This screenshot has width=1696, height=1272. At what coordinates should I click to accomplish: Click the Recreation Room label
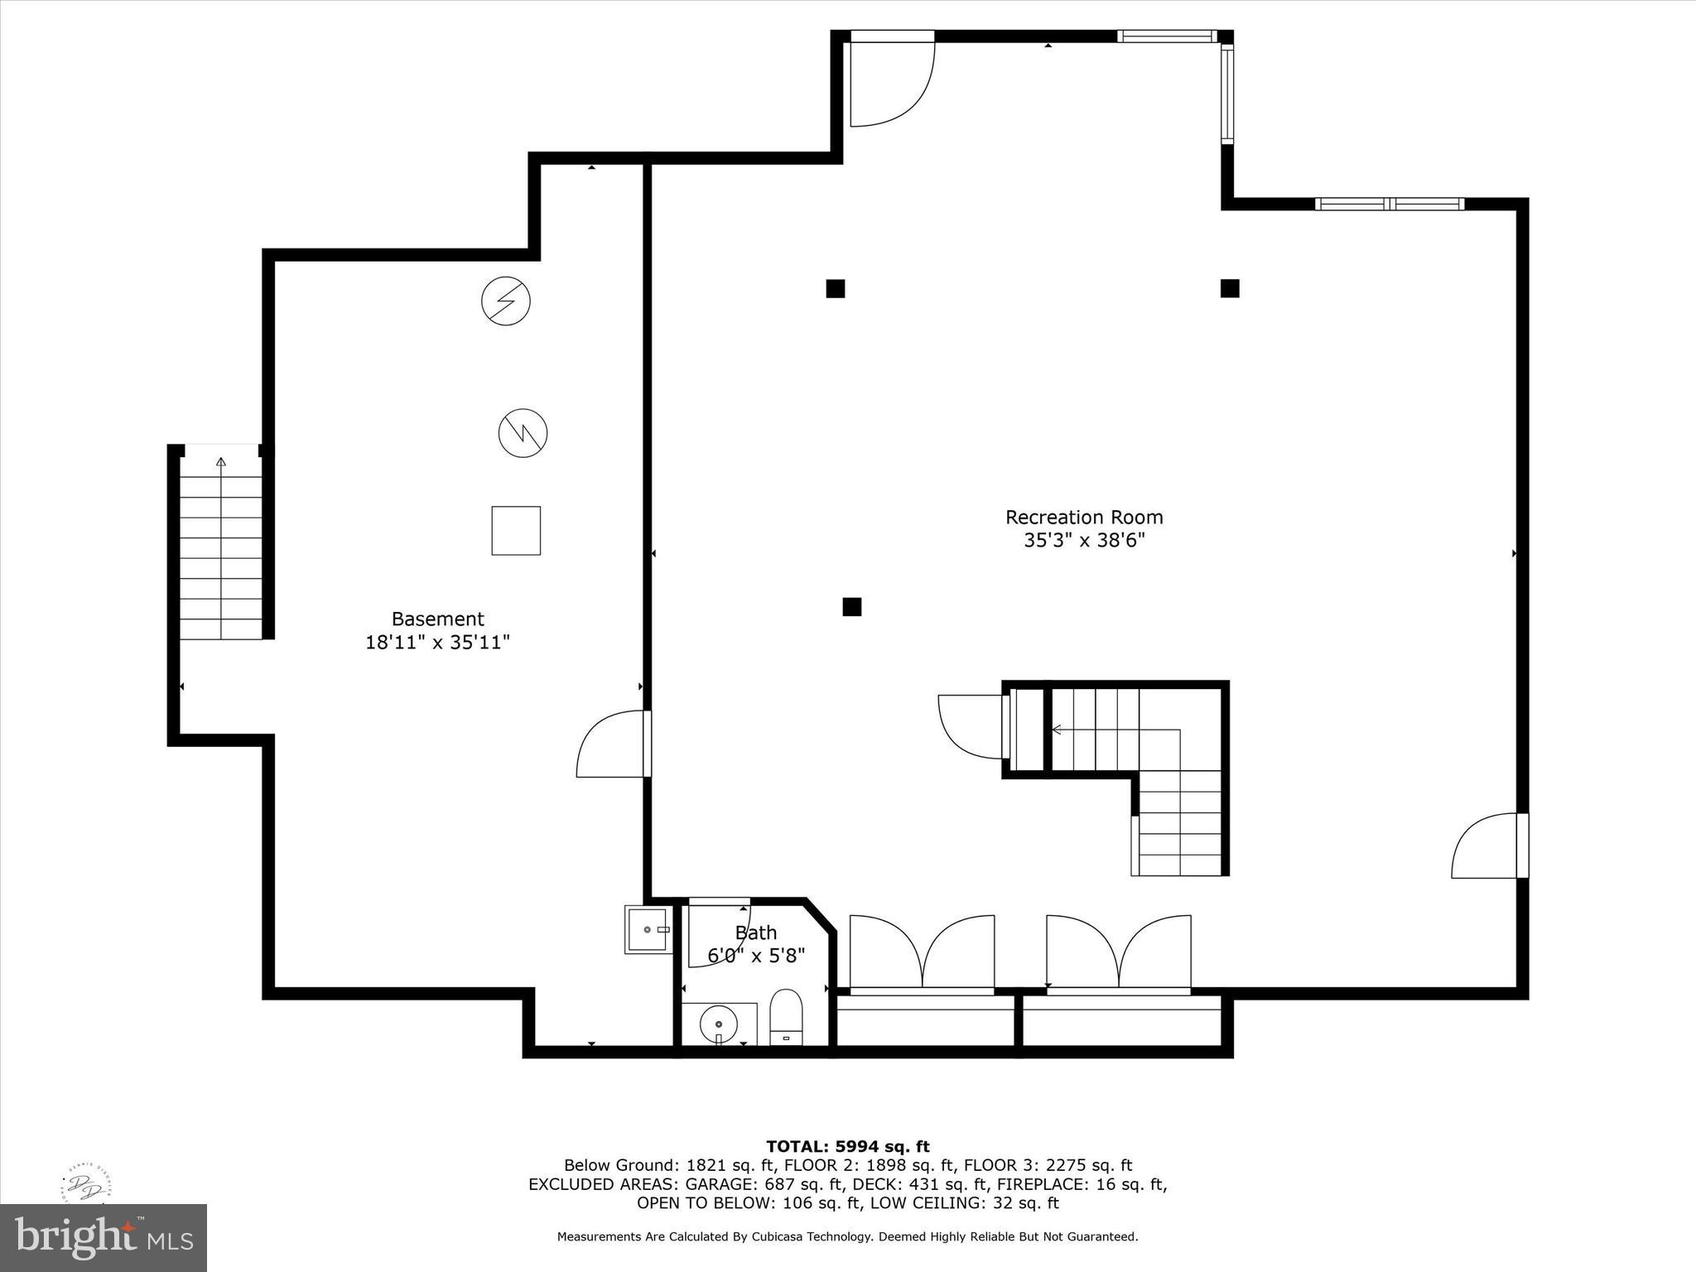coord(1083,518)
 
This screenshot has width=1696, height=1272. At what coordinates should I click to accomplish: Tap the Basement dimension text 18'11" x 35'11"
coord(437,642)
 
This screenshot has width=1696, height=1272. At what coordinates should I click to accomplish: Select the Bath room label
coord(755,933)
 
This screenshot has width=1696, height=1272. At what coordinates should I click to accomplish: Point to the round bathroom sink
coord(718,1024)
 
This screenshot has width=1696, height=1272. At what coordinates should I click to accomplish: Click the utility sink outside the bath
coord(648,929)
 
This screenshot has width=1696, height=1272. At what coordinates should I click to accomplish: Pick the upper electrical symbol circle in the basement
coord(505,301)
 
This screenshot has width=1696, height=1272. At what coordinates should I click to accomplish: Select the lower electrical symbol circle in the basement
coord(523,433)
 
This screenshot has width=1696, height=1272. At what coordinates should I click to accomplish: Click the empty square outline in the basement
coord(516,531)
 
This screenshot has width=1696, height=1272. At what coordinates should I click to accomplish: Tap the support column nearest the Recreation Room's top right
coord(1229,288)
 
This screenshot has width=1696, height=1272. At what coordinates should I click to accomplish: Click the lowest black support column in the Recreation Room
coord(851,607)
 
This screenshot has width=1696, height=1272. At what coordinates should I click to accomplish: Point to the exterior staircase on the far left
coord(220,547)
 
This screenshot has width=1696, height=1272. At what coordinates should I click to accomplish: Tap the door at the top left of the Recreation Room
coord(890,81)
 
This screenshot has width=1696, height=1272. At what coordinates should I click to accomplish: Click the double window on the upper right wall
coord(1389,204)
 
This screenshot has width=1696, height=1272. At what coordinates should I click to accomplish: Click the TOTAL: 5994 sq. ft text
coord(847,1146)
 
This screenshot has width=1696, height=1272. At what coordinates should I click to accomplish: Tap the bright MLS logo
coord(104,1237)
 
